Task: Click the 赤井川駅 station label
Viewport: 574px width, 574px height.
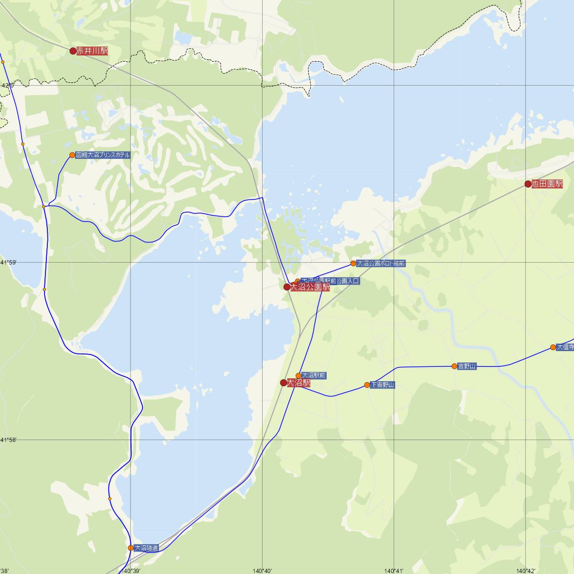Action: click(92, 51)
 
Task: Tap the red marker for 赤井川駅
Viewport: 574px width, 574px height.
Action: click(73, 51)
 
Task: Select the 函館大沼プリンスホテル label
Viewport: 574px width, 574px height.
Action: click(102, 155)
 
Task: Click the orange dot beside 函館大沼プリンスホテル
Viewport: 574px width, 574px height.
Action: click(72, 155)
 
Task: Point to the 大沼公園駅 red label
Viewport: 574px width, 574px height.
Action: click(309, 287)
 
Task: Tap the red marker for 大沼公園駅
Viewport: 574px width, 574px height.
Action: click(287, 287)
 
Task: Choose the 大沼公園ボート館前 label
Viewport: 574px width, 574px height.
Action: click(381, 263)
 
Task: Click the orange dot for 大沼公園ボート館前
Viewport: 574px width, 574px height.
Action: click(353, 263)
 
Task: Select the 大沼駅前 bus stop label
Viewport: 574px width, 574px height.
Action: click(314, 375)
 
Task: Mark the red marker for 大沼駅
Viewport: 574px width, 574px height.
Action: click(284, 383)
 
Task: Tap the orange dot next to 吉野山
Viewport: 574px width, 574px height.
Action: click(454, 366)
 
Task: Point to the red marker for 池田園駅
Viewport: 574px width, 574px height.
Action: click(528, 184)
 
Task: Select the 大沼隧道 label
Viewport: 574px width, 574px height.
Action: click(146, 548)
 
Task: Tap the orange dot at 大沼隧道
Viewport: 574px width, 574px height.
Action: click(131, 548)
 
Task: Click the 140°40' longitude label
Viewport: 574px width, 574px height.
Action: click(262, 571)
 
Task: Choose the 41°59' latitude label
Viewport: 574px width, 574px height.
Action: click(8, 263)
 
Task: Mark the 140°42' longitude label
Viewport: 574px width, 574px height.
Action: click(525, 571)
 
